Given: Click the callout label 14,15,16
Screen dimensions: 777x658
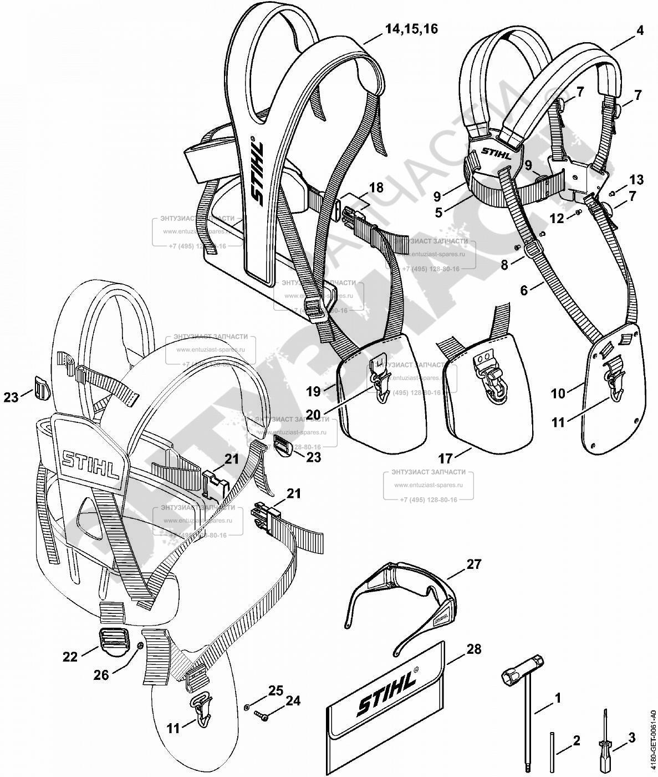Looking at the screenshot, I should click(x=411, y=29).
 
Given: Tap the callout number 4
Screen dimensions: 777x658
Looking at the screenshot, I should click(x=640, y=31).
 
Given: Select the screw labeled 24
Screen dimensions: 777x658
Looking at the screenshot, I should click(x=260, y=716).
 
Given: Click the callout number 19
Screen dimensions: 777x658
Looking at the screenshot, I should click(x=313, y=391).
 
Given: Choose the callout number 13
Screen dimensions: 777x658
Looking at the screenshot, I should click(x=636, y=180).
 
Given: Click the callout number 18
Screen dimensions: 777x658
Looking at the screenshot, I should click(x=376, y=188).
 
